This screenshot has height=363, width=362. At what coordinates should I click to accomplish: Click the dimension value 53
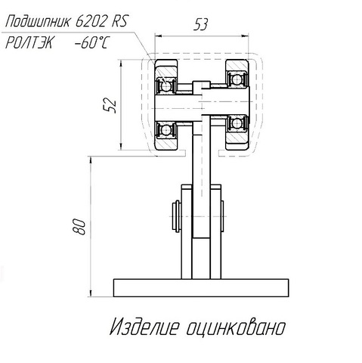(x=200, y=24)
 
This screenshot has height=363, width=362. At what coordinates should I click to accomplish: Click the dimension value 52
(x=110, y=105)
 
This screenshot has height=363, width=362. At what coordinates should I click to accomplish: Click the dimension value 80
(x=79, y=227)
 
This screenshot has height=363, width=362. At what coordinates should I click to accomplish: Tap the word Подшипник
(x=38, y=21)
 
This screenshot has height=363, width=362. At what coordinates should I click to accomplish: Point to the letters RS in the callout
(x=119, y=21)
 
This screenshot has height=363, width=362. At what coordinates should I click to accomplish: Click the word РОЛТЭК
(x=29, y=43)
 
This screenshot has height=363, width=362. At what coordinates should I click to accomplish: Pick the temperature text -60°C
(x=92, y=43)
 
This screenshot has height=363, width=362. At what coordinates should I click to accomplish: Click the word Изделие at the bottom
(x=144, y=327)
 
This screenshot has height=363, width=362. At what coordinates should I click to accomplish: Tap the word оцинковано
(x=237, y=327)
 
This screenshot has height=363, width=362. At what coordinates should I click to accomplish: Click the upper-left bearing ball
(x=166, y=86)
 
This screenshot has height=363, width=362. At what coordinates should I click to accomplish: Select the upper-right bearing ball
(x=237, y=80)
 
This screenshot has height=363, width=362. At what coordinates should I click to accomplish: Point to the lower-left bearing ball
(x=166, y=130)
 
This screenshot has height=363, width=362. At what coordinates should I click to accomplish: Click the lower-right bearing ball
(x=237, y=123)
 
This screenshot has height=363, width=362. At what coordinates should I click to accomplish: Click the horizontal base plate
(x=201, y=287)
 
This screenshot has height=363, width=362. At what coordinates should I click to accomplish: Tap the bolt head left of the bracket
(x=176, y=216)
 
